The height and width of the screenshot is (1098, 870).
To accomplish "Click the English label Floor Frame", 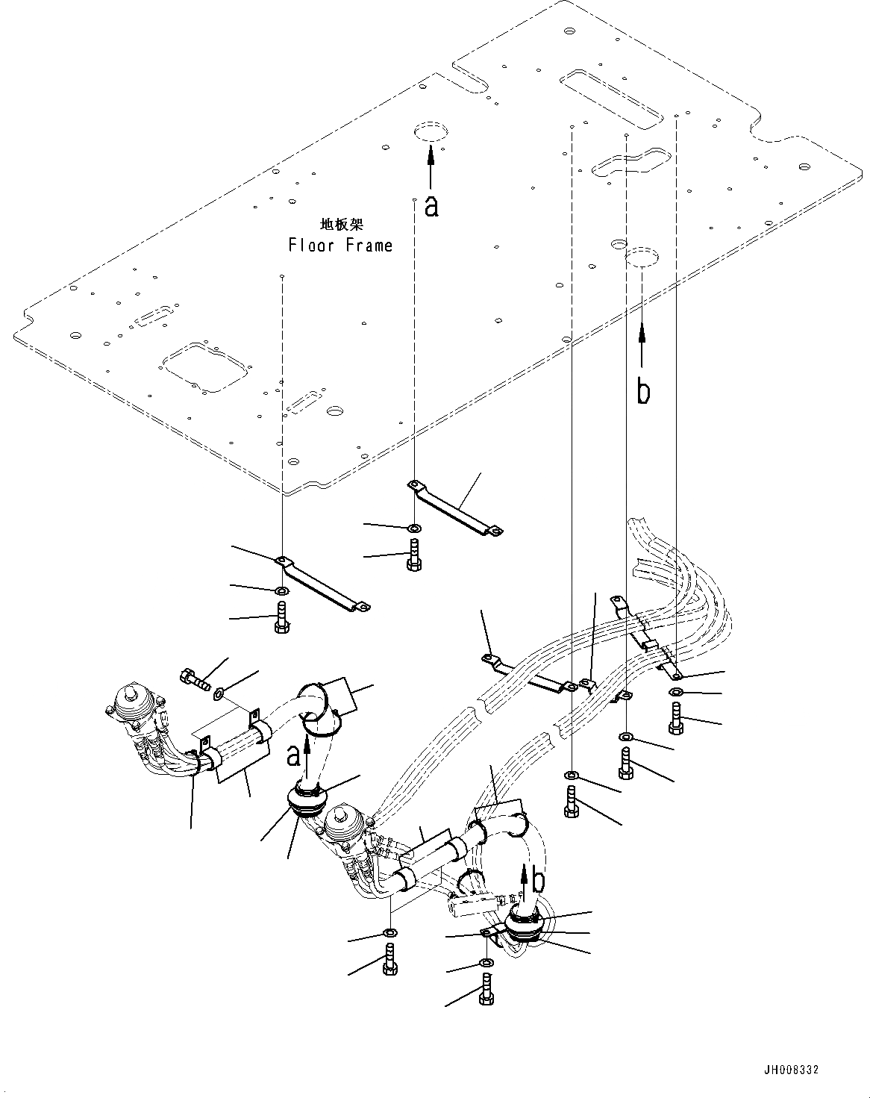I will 340,246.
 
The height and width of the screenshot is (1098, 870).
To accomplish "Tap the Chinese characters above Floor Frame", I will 341,223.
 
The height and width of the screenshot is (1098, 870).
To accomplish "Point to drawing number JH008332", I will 791,1070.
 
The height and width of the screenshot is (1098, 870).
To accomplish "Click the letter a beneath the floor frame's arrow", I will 431,206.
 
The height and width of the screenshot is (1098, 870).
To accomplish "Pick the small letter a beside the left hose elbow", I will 294,755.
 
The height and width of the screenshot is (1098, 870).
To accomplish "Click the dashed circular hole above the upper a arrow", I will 430,132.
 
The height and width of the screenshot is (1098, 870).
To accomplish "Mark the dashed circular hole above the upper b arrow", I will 642,258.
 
